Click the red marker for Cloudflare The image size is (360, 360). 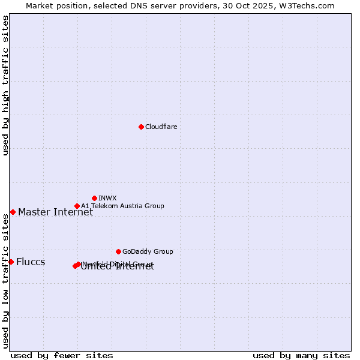point(141,127)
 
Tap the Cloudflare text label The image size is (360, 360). point(161,127)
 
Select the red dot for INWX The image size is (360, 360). point(94,198)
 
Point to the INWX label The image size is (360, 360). point(107,198)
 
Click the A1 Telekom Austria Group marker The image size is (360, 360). point(77,206)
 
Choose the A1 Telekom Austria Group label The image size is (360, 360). point(122,206)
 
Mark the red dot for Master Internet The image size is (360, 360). point(13,212)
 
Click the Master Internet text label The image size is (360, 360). point(55,212)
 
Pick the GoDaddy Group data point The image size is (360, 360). point(118,251)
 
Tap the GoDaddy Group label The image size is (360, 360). point(148,251)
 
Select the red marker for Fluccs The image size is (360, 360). point(11,262)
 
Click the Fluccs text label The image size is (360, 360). point(31,262)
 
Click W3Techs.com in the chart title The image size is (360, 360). point(309,5)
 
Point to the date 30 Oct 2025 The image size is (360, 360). point(256,5)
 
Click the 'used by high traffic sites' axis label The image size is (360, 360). point(5,86)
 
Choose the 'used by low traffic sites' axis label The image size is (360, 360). point(5,281)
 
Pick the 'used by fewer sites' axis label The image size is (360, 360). point(62,355)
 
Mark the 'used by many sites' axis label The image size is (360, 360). point(301,355)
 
